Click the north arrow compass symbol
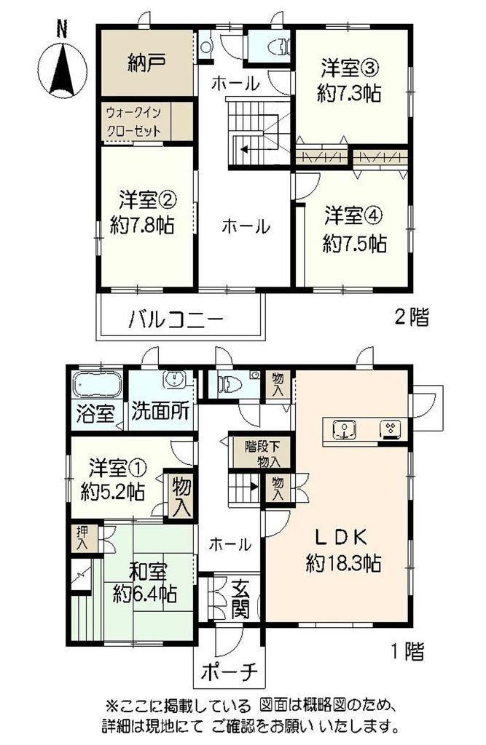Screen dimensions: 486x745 click(x=61, y=66)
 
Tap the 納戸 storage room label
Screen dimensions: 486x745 click(x=146, y=63)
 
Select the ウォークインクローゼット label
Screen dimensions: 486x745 click(x=134, y=121)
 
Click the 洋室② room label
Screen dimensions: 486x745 click(x=148, y=201)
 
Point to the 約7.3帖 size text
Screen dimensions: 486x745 click(x=349, y=93)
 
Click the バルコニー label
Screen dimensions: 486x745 click(x=176, y=319)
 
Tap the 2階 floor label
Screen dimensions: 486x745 click(x=412, y=317)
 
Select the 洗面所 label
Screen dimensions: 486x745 click(x=160, y=411)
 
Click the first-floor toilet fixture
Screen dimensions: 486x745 click(x=230, y=384)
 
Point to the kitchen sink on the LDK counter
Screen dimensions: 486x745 click(x=345, y=429)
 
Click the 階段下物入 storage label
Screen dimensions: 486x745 click(x=262, y=454)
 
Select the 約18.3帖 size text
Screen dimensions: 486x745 click(x=342, y=563)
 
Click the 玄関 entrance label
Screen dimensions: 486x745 click(x=241, y=600)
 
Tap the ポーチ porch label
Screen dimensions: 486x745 click(x=229, y=672)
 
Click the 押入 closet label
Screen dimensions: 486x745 click(x=82, y=538)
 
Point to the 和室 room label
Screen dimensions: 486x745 click(x=148, y=573)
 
